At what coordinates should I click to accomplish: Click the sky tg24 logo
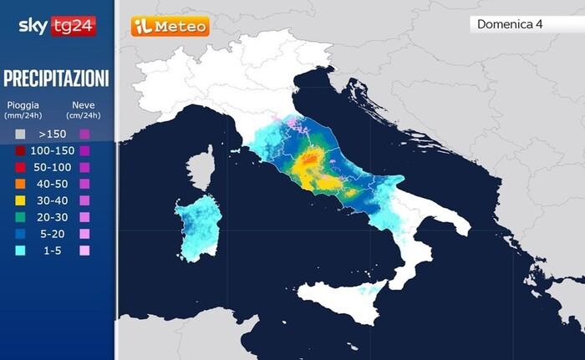click(x=56, y=26)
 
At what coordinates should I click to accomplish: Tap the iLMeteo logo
click(x=170, y=27)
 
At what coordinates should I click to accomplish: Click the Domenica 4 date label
click(x=510, y=24)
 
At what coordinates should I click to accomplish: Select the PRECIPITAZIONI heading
click(x=56, y=79)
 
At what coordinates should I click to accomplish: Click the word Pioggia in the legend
click(x=23, y=105)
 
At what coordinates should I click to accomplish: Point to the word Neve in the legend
click(x=83, y=105)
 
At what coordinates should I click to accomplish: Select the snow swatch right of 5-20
click(x=84, y=234)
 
